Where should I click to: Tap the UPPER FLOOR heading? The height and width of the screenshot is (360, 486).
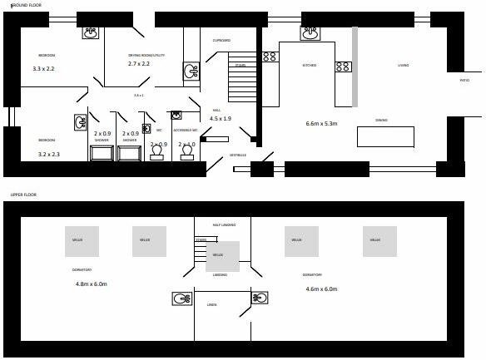23,195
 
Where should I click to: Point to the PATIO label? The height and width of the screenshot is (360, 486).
464,81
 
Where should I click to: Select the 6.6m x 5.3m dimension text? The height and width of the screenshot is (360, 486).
320,124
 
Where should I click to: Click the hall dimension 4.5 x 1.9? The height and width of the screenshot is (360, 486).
221,118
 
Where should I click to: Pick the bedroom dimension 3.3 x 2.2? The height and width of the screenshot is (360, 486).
43,69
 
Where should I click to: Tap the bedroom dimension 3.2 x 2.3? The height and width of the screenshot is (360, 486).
48,154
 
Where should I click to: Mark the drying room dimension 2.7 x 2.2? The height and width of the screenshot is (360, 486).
139,63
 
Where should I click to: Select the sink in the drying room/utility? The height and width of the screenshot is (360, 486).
191,72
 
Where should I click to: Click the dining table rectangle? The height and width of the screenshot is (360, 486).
385,136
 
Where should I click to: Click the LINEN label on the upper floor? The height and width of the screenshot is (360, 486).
211,305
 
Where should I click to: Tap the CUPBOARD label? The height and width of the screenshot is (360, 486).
221,40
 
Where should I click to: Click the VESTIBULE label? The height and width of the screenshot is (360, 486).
239,155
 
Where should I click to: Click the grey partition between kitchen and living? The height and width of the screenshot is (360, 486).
355,67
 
